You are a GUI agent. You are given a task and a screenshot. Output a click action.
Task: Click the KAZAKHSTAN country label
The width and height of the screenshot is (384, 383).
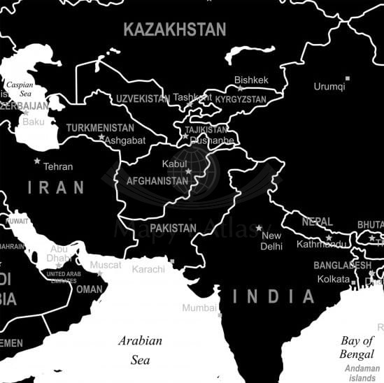(175, 29)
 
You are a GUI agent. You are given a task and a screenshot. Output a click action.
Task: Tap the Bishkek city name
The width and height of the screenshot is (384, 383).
(251, 80)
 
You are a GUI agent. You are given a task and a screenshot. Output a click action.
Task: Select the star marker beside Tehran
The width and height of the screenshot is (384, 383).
(37, 161)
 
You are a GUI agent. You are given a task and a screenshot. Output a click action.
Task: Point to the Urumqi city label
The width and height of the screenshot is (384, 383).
(329, 87)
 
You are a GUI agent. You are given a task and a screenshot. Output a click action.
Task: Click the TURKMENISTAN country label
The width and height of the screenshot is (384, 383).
(100, 129)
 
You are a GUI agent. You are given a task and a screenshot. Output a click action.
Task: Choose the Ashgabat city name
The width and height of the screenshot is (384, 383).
(125, 140)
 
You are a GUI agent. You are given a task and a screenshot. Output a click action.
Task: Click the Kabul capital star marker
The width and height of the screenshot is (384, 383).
(187, 171)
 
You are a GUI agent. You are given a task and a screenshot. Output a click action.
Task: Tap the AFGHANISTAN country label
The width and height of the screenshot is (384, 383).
(157, 181)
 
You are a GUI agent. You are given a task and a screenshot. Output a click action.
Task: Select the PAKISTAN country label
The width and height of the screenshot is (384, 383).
(173, 228)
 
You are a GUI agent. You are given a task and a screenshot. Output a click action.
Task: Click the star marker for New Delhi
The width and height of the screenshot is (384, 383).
(259, 228)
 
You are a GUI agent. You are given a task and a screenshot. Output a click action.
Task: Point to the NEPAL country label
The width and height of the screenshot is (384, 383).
(318, 222)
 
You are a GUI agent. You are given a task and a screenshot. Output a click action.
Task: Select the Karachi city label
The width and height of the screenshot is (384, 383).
(148, 269)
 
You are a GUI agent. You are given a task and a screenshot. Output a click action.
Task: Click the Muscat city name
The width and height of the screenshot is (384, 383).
(105, 265)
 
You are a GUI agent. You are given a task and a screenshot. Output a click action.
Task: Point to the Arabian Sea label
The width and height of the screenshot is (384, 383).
(140, 350)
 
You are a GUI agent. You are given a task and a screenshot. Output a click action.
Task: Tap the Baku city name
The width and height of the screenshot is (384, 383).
(33, 122)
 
